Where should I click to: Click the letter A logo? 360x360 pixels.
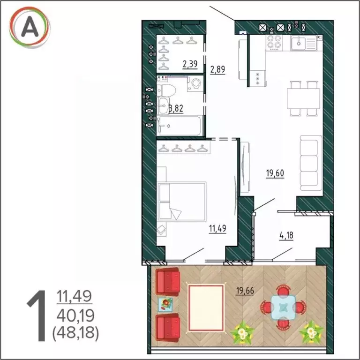pyautogui.click(x=30, y=27)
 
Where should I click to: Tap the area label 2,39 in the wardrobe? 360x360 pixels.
pyautogui.click(x=190, y=64)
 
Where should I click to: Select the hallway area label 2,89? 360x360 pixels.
pyautogui.click(x=217, y=69)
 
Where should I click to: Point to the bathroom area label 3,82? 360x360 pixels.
pyautogui.click(x=176, y=108)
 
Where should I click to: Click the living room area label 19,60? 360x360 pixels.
pyautogui.click(x=275, y=173)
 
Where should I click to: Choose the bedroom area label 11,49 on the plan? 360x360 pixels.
pyautogui.click(x=217, y=228)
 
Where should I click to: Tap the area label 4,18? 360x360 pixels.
pyautogui.click(x=286, y=236)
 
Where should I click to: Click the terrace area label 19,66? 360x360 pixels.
pyautogui.click(x=245, y=291)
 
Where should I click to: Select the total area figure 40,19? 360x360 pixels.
pyautogui.click(x=75, y=316)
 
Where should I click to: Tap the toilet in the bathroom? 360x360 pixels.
pyautogui.click(x=166, y=90)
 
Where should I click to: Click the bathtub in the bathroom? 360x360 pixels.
pyautogui.click(x=180, y=125)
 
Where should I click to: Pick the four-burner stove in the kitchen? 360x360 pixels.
pyautogui.click(x=274, y=43)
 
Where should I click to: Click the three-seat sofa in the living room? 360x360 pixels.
pyautogui.click(x=311, y=163)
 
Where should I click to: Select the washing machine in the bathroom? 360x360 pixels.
pyautogui.click(x=195, y=84)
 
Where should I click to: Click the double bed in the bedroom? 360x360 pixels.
pyautogui.click(x=182, y=202)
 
